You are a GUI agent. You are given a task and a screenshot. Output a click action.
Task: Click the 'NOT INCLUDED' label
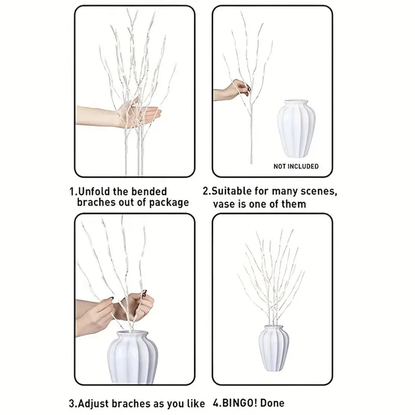[296, 166]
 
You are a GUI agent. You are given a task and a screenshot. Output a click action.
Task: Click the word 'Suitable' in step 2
[233, 191]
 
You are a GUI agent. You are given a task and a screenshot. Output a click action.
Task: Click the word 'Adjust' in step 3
[96, 403]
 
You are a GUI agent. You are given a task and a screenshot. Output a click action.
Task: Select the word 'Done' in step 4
[272, 403]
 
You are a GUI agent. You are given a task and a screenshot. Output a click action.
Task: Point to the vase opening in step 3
[133, 334]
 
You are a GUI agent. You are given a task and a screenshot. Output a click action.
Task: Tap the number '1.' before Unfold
[73, 191]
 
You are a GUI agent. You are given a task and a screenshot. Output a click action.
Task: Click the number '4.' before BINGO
[216, 403]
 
